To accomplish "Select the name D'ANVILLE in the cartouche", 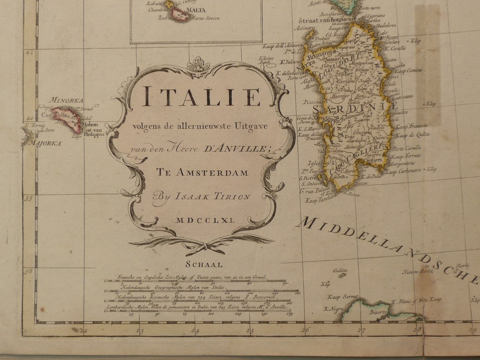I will tap(237, 150).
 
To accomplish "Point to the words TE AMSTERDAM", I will tap(202, 173).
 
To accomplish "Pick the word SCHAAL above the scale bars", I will tap(204, 265).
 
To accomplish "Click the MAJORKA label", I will tap(45, 143).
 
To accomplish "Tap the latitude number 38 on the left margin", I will tap(29, 271).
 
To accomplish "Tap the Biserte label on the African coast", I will tap(378, 312).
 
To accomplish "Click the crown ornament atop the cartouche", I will tap(199, 65).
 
